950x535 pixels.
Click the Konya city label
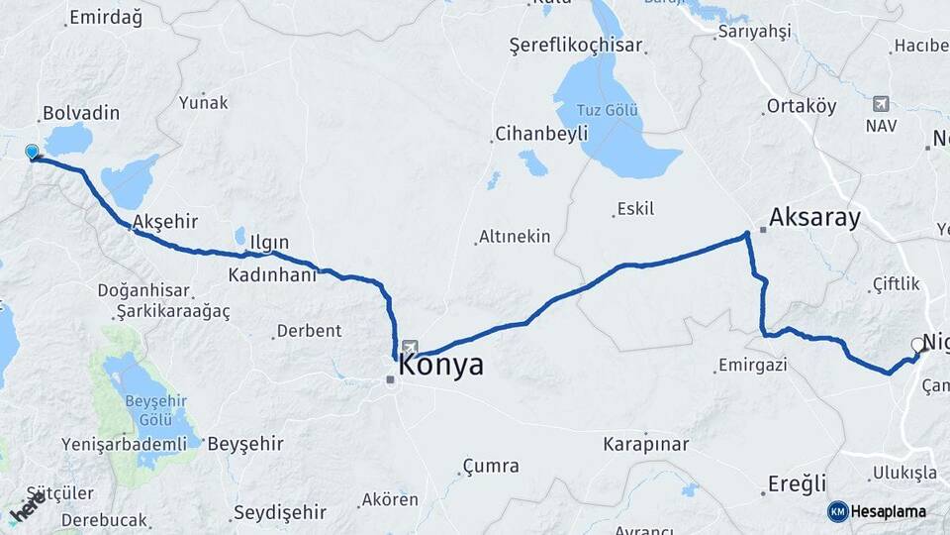(441, 366)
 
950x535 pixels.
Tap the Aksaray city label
(814, 218)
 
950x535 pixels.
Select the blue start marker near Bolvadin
(32, 153)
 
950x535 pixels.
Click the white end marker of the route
(916, 346)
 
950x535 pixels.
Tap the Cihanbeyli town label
(541, 133)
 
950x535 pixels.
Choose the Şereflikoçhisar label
(575, 46)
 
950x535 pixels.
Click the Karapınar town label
(646, 444)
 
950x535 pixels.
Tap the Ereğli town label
(797, 484)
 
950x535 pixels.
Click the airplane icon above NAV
(881, 104)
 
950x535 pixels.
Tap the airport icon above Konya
(410, 347)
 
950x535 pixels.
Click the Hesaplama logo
(877, 511)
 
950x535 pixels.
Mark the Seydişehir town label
(279, 512)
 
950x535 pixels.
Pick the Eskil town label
(635, 208)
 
